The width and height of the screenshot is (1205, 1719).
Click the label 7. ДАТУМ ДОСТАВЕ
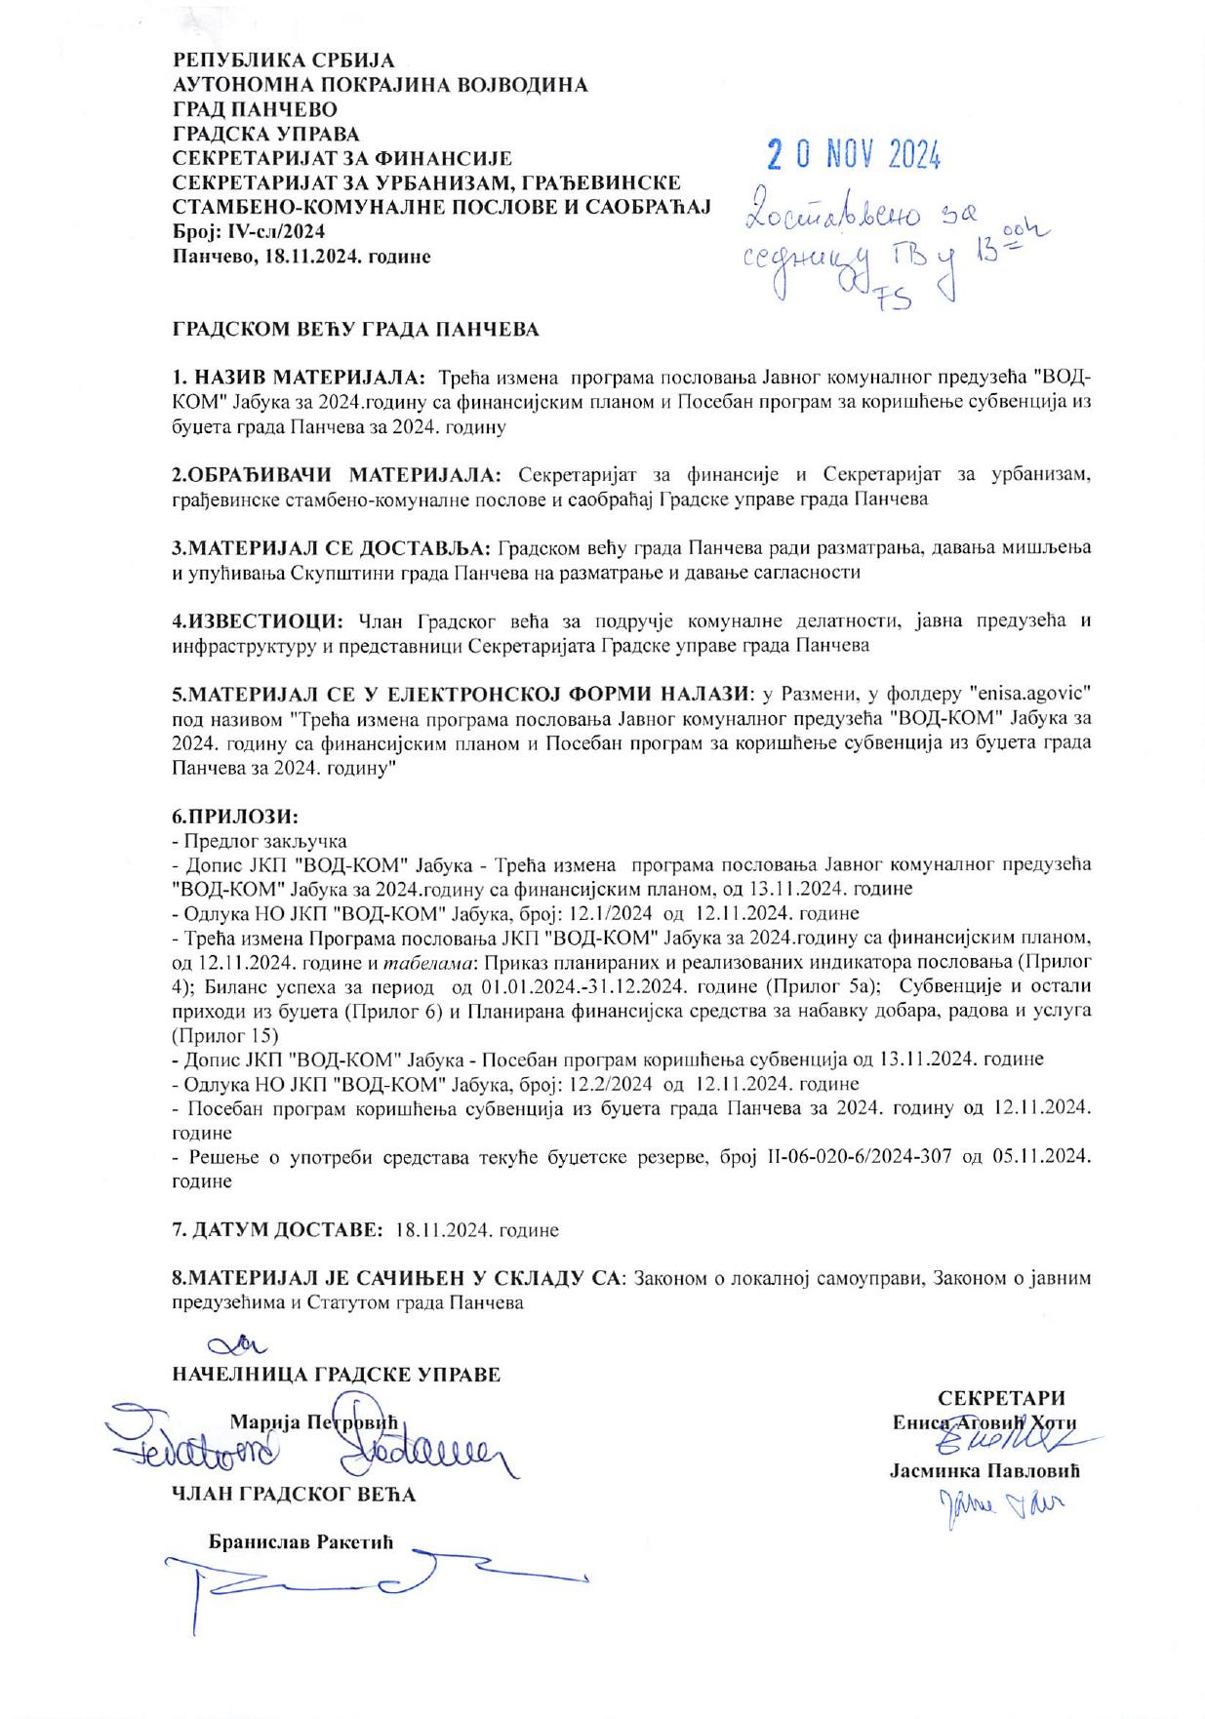pyautogui.click(x=277, y=1229)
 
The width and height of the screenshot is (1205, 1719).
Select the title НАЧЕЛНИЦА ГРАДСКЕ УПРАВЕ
pyautogui.click(x=336, y=1375)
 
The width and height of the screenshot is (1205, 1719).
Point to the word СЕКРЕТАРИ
pyautogui.click(x=1001, y=1397)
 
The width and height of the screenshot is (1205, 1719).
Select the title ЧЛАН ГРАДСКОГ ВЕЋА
pyautogui.click(x=294, y=1494)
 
